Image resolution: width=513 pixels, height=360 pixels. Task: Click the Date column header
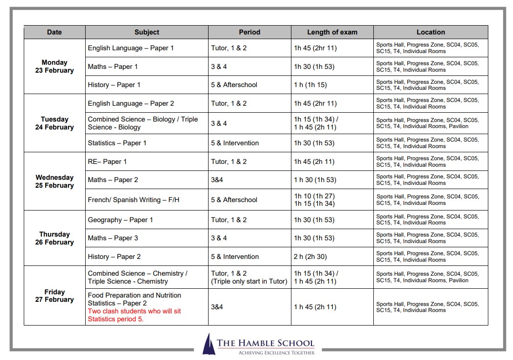(x=54, y=32)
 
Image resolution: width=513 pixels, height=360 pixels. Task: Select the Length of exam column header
(x=332, y=32)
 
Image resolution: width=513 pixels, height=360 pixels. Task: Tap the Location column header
(x=431, y=32)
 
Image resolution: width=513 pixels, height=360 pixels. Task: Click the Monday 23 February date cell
(x=54, y=66)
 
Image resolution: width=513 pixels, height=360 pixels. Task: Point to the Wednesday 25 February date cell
(x=54, y=181)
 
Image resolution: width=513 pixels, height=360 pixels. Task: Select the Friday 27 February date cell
(x=54, y=296)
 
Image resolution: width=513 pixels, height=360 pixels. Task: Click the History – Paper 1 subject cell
(x=114, y=85)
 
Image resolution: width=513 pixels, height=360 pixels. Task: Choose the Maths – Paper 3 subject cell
(x=113, y=238)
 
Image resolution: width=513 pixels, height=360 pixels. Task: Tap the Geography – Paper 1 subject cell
(x=121, y=220)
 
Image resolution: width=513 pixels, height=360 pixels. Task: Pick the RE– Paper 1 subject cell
(x=107, y=162)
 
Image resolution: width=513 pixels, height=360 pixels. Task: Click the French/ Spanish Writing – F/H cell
(x=134, y=200)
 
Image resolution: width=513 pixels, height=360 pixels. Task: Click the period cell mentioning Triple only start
(x=249, y=277)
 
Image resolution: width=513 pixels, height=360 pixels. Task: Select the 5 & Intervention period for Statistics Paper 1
(x=235, y=143)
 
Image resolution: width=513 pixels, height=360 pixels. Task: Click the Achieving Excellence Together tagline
(x=276, y=353)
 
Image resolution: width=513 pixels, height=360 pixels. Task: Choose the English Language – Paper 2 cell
(x=131, y=103)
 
